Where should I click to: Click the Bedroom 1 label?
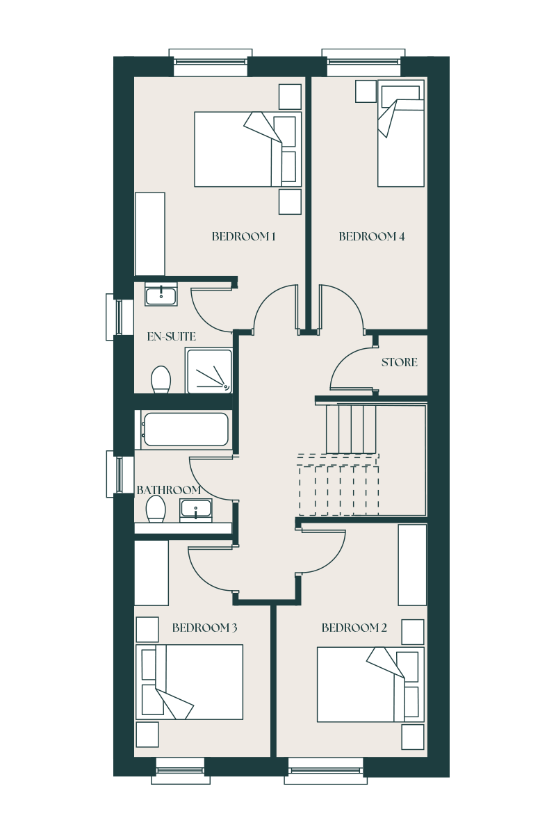pos(243,236)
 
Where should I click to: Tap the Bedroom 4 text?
pos(371,236)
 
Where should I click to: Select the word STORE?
pos(399,362)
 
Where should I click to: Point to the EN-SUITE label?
pos(171,336)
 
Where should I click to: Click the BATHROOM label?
pos(169,490)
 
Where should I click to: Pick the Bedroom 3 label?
pos(204,628)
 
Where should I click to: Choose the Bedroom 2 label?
pos(354,628)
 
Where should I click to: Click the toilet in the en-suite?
pos(161,379)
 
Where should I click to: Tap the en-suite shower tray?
pos(209,371)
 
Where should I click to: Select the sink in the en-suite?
pos(161,295)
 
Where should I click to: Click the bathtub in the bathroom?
pos(186,430)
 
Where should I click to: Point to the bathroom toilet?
pos(156,509)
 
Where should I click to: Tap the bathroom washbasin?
pos(196,510)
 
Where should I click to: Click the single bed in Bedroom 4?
pos(401,133)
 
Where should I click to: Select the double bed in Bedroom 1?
pos(247,149)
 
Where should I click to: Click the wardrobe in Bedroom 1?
pos(149,234)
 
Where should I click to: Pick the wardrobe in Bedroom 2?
pos(412,565)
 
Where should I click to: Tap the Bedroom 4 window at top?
pos(363,62)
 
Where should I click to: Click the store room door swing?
pos(352,368)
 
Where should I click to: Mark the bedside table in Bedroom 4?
pos(366,91)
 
